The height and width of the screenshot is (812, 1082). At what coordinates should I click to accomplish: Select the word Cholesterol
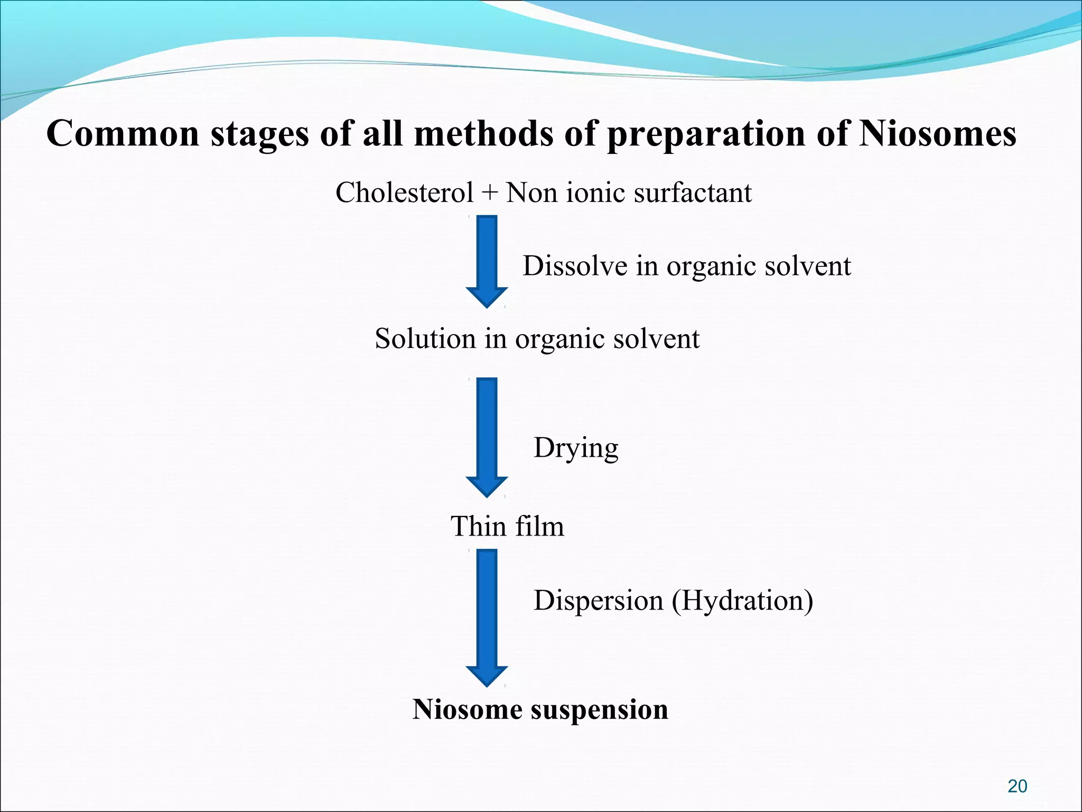click(x=404, y=192)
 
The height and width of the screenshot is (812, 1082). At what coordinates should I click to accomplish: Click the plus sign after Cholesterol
click(x=489, y=192)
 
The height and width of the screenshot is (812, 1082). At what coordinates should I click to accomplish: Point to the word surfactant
click(x=693, y=192)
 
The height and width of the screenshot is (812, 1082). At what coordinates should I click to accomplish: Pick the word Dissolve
click(x=575, y=265)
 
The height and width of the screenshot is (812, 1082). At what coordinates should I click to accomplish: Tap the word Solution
click(x=425, y=338)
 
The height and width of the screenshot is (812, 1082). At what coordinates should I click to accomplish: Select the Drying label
click(x=576, y=448)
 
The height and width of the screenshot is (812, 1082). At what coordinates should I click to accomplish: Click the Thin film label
click(x=507, y=526)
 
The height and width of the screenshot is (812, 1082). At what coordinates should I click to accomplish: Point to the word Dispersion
click(x=599, y=601)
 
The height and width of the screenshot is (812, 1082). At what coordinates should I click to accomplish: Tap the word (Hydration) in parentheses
click(x=742, y=601)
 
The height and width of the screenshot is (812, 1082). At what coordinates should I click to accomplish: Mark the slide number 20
click(x=1017, y=786)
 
